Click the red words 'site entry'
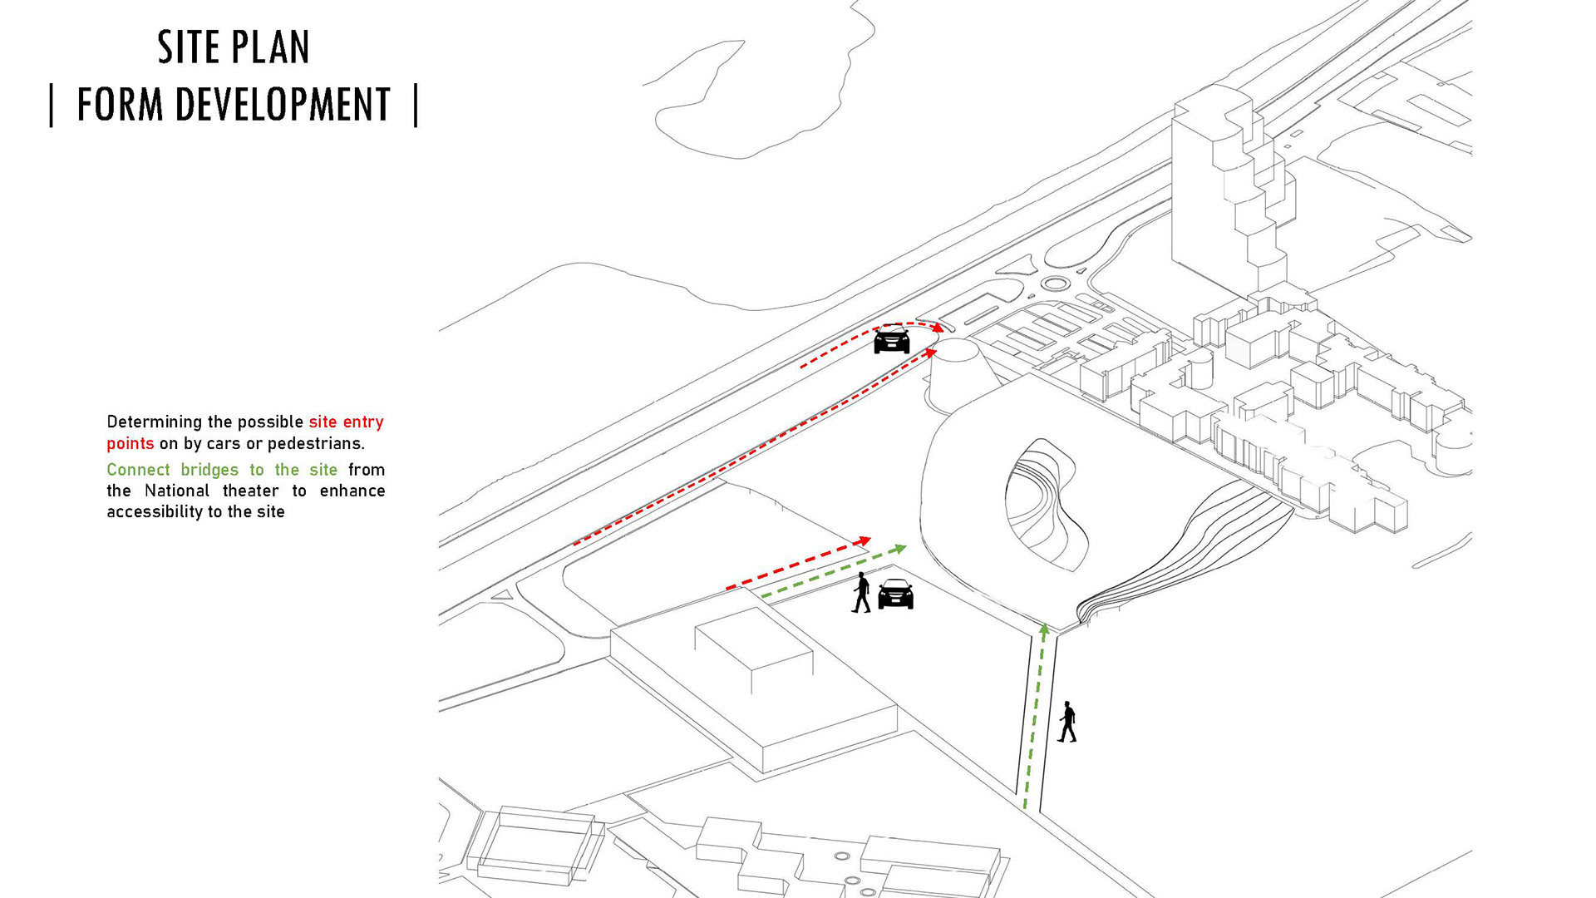pyautogui.click(x=346, y=422)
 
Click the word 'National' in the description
pyautogui.click(x=176, y=491)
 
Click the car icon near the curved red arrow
pyautogui.click(x=892, y=340)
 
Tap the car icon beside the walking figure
pyautogui.click(x=896, y=594)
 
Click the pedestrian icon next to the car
pyautogui.click(x=862, y=593)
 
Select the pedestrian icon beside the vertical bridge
pyautogui.click(x=1067, y=722)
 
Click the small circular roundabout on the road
pyautogui.click(x=1054, y=284)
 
